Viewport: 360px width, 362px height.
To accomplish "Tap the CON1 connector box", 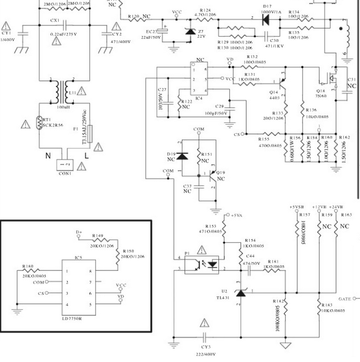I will [63, 164].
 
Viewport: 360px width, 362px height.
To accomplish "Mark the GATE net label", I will [345, 298].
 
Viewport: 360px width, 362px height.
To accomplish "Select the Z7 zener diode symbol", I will [190, 31].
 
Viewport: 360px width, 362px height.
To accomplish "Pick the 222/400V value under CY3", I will [205, 355].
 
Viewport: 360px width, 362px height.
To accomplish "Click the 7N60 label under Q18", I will [320, 96].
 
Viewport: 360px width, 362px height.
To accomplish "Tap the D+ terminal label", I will [79, 230].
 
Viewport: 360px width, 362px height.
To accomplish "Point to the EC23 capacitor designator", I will [152, 31].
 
